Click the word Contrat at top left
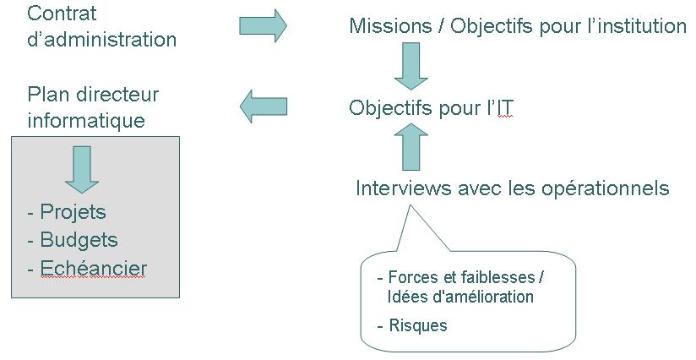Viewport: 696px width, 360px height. point(63,14)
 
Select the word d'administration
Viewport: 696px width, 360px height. point(102,40)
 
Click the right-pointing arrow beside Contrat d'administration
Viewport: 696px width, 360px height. point(264,25)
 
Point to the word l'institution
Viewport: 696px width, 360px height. point(633,26)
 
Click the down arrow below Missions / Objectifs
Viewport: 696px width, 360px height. point(412,67)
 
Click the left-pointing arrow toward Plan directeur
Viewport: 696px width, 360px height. point(264,106)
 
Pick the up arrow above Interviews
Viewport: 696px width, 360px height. point(411,145)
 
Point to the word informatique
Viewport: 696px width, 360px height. point(86,121)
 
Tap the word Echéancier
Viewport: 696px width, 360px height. point(93,269)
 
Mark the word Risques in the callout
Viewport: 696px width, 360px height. point(418,325)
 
